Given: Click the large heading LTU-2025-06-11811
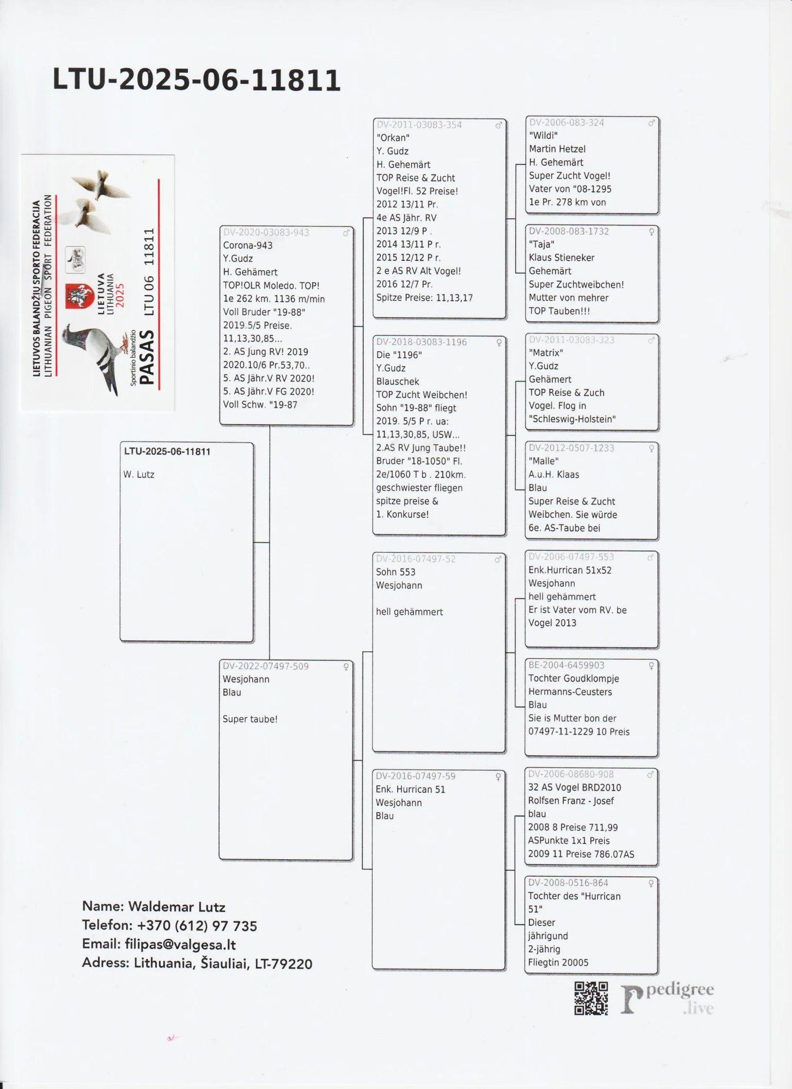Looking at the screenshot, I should point(196,80).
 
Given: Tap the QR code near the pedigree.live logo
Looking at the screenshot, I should point(591,998).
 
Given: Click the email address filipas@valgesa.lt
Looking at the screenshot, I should point(180,944).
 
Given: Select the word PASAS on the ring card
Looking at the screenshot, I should point(147,357).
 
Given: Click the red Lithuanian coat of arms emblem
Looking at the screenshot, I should point(80,296).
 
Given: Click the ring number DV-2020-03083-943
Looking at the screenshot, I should point(266,233).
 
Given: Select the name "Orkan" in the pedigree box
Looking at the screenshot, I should point(393,138).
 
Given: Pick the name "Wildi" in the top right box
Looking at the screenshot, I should point(543,136).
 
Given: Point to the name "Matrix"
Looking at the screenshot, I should point(546,353).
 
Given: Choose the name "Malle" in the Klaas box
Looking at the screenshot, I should point(543,461).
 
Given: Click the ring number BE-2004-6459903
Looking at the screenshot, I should point(566,665).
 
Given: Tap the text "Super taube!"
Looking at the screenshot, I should point(250,719).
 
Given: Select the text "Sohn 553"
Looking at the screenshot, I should point(395,572).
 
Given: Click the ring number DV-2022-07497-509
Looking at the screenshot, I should point(265,666).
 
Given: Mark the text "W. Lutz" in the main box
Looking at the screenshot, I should point(139,475).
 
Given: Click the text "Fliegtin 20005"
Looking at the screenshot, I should point(558,963).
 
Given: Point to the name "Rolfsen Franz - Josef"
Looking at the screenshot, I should point(570,801).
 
